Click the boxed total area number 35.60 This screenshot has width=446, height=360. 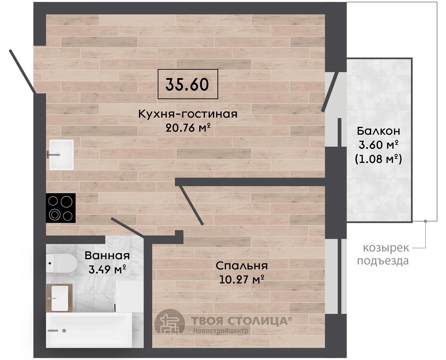(x=187, y=84)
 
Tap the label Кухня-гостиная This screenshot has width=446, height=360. (x=188, y=114)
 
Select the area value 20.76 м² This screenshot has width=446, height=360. (x=188, y=128)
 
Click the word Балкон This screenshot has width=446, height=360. (x=378, y=131)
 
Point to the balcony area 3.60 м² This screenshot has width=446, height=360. (x=378, y=145)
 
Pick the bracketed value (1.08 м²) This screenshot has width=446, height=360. (x=378, y=159)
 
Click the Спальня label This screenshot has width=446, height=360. (x=242, y=266)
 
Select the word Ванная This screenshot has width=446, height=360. (x=107, y=256)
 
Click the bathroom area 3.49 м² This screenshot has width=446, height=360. (x=107, y=269)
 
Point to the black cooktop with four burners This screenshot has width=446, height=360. (x=61, y=208)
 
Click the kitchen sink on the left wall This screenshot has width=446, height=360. (x=61, y=155)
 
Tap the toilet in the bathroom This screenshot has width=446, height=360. (x=61, y=263)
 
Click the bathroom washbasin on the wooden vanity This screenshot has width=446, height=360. (x=60, y=298)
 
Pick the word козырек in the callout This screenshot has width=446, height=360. (x=386, y=248)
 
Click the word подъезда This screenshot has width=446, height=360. (x=383, y=261)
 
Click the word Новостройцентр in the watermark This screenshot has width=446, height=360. (x=221, y=331)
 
